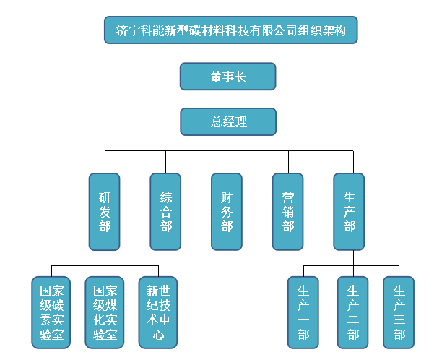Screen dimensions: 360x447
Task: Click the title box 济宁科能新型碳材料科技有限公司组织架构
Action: coord(231,31)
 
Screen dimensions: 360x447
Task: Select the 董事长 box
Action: coord(228,77)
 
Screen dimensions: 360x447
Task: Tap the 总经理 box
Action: coord(228,121)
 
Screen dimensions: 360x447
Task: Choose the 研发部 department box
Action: coord(105,212)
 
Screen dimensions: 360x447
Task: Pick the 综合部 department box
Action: coord(166,212)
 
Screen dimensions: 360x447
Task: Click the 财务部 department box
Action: coord(227,212)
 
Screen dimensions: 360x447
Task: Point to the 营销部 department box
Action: coord(288,212)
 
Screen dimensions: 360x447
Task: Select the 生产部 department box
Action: coord(350,212)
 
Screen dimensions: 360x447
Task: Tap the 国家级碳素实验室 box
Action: coord(51,312)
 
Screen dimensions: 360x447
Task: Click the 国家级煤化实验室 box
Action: coord(105,312)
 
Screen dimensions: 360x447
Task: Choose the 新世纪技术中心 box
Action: coord(158,312)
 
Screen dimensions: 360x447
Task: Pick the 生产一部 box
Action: coord(303,312)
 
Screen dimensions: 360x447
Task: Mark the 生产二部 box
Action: coord(352,312)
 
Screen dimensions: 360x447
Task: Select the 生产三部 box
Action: coord(399,312)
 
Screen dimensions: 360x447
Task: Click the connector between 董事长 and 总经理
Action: coord(228,99)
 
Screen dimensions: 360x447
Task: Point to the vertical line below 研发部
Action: coord(105,259)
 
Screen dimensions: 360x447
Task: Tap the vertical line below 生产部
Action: coord(352,259)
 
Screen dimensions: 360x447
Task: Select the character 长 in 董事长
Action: coord(240,77)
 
